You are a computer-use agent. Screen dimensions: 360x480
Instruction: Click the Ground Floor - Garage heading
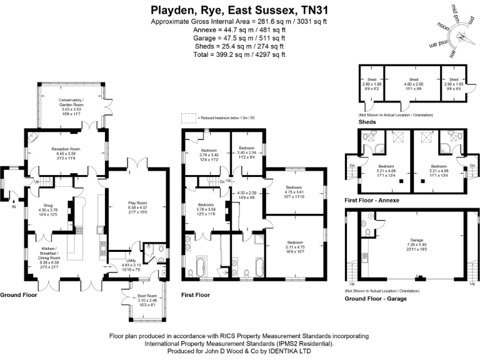(x=376, y=299)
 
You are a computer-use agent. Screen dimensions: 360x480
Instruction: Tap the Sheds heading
(x=367, y=122)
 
